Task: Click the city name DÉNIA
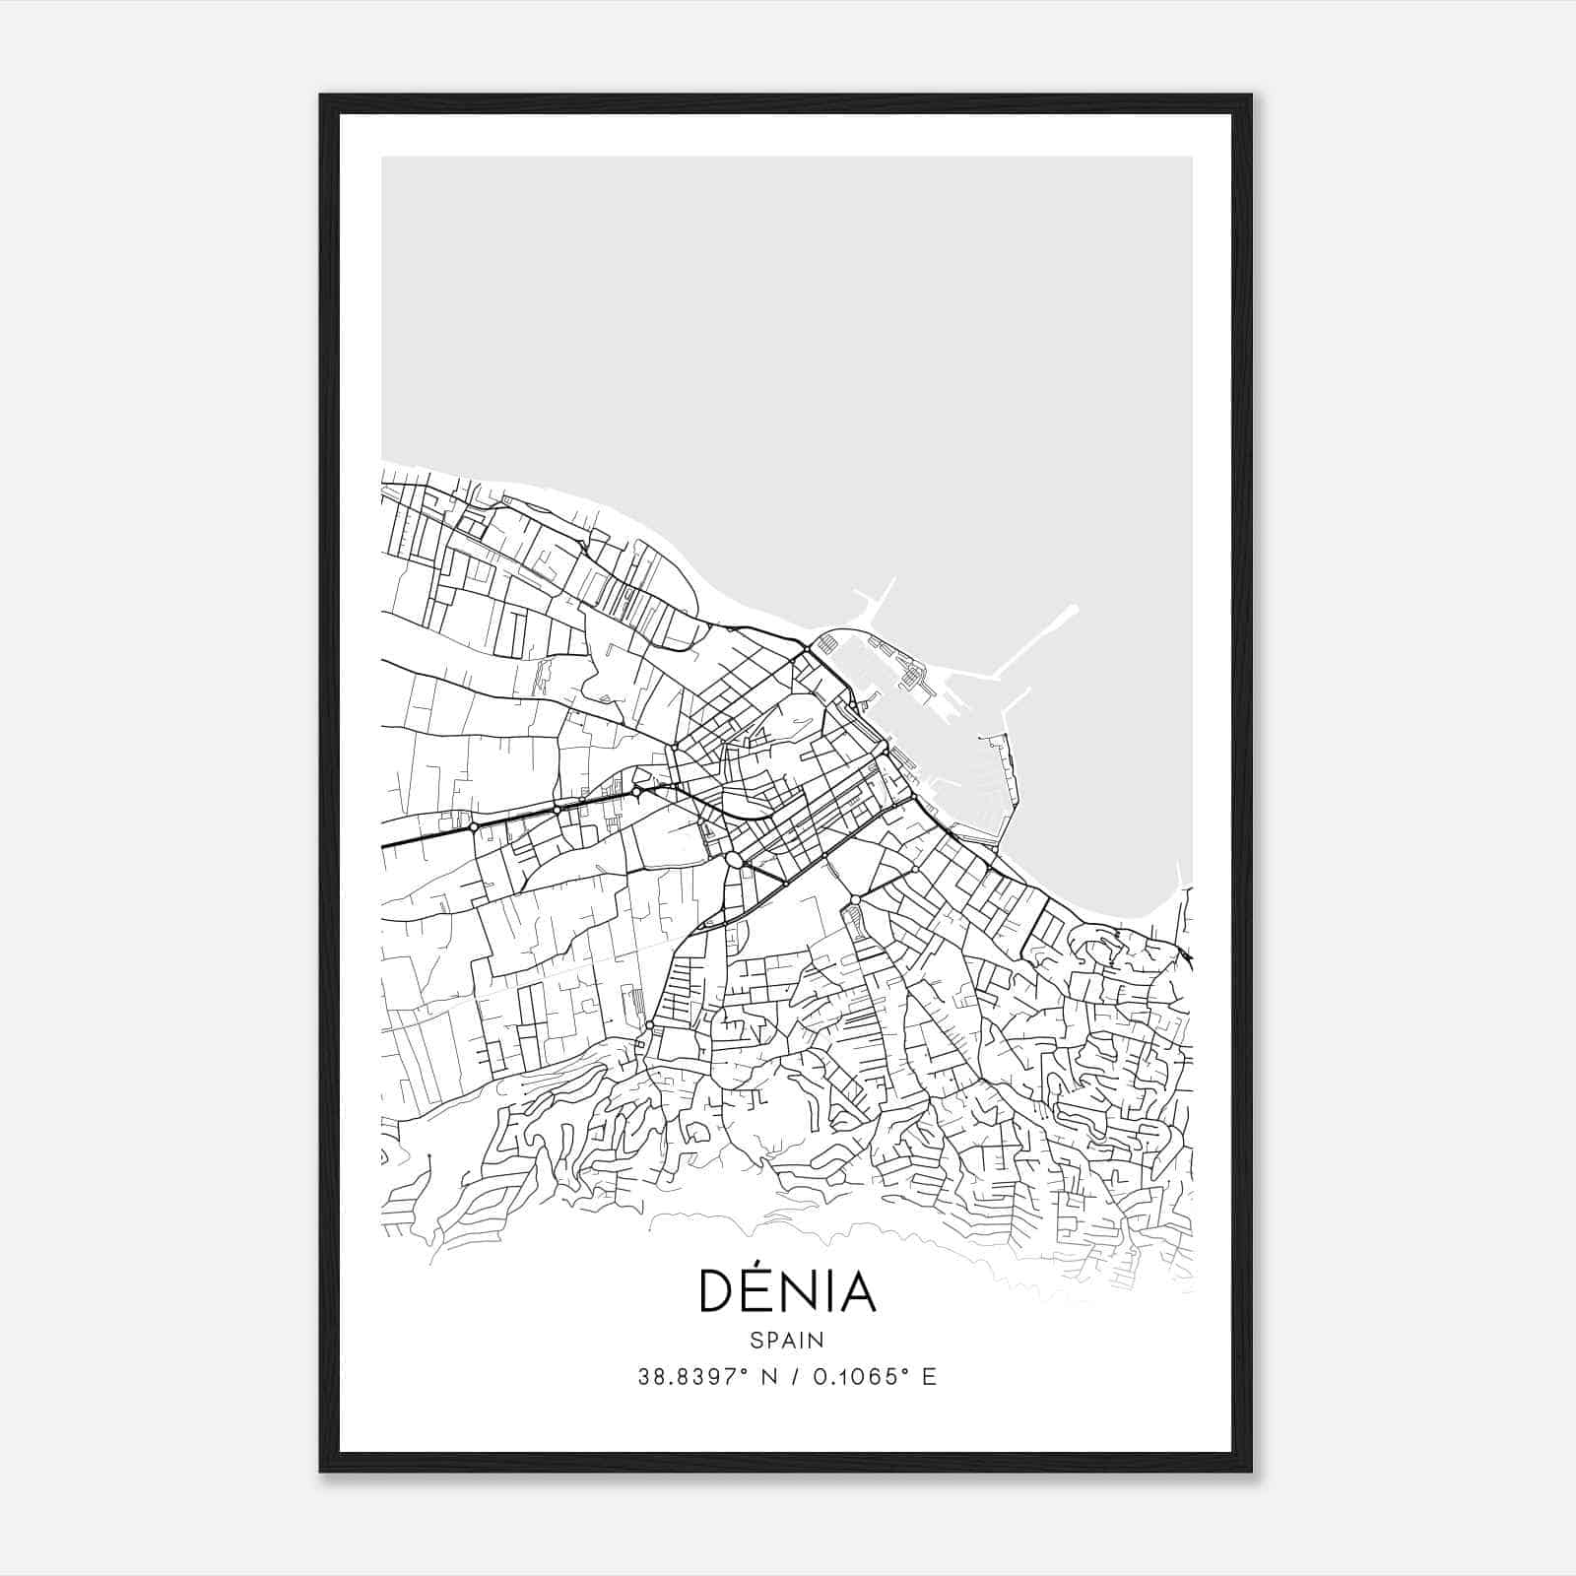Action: [787, 1291]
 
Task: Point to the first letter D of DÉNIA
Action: [714, 1292]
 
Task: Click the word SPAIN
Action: [787, 1340]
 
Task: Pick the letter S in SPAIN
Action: [755, 1340]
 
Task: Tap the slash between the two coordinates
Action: [794, 1377]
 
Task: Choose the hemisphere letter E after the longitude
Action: [929, 1377]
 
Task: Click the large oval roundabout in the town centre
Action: [734, 860]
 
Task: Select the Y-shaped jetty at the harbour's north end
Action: [876, 599]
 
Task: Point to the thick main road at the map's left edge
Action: [386, 845]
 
